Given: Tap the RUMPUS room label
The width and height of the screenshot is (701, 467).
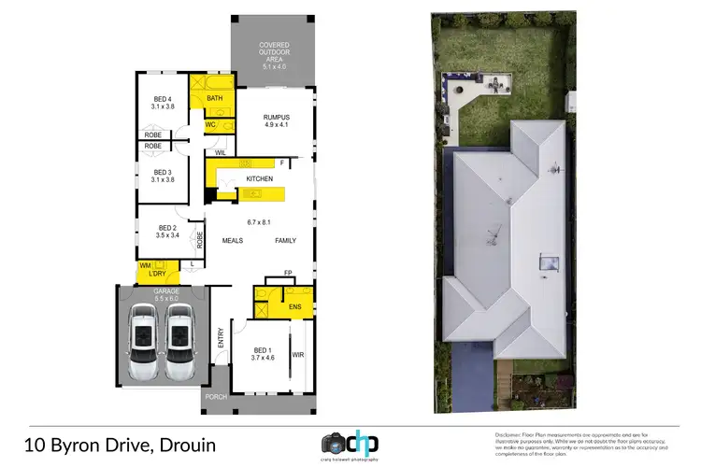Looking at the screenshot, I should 279,118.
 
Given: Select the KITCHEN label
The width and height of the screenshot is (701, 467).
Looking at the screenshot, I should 259,178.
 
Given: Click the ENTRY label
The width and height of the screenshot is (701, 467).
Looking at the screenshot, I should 222,337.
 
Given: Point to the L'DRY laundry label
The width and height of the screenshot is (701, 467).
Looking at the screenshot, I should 158,273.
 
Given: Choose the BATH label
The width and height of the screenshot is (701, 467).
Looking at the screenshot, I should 214,98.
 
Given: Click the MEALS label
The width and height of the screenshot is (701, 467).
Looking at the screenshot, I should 233,240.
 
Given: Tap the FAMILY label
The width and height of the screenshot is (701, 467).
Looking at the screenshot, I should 285,240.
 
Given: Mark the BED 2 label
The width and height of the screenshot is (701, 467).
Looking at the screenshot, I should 166,229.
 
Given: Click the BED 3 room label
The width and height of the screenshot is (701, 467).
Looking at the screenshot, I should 163,172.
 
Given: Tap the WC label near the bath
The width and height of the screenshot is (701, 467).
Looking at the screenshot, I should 210,123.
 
